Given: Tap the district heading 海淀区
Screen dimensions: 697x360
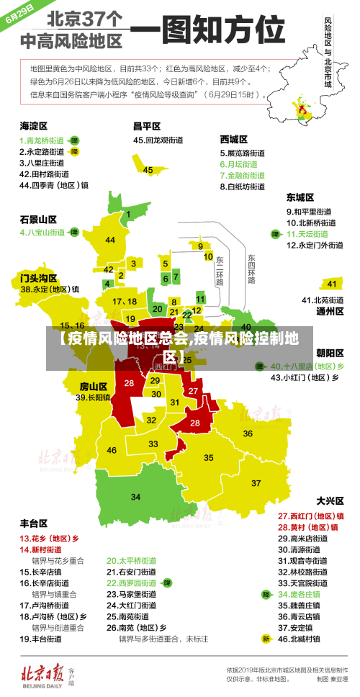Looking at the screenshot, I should pos(33,125).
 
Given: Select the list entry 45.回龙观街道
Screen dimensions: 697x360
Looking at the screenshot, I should pos(160,140).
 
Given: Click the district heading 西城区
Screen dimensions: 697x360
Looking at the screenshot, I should pos(234,139).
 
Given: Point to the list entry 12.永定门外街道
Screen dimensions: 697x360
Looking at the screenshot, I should pos(315,246).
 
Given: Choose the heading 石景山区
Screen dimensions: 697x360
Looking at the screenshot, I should pos(38,219).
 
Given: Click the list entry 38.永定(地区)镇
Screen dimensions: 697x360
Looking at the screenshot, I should pos(50,289).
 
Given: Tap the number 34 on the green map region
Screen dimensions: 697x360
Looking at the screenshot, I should pos(135,497).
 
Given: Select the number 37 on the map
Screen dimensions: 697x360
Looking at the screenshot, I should pos(256,482).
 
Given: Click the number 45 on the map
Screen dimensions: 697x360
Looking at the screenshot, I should pos(148,170).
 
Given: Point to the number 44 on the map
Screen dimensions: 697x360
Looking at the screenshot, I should pos(110,240).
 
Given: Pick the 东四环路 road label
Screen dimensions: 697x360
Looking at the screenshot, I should pos(251,268).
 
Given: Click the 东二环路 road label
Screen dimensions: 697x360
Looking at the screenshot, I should pos(220,270).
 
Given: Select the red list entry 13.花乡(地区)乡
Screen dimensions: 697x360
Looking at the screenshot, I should pos(49,538).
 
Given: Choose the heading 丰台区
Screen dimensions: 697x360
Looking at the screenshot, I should pos(33,523).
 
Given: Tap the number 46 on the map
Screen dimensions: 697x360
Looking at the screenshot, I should pos(112,450).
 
